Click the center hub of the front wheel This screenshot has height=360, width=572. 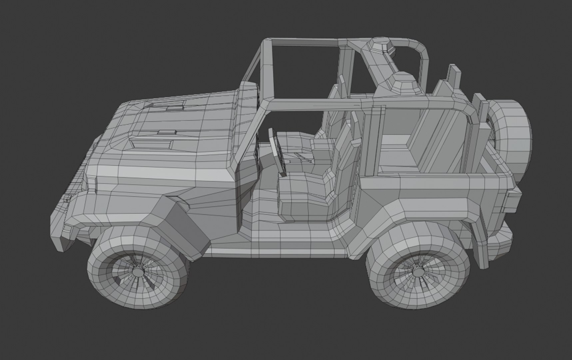pos(138,272)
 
